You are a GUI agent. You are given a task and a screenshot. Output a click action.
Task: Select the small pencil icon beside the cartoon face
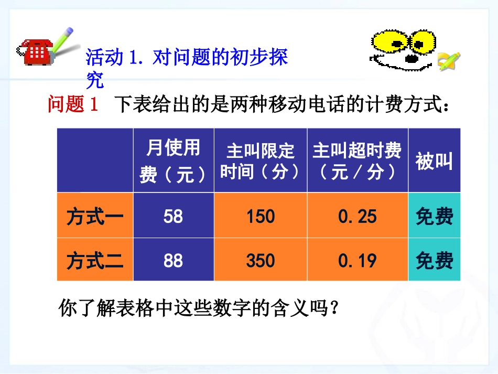pos(449,60)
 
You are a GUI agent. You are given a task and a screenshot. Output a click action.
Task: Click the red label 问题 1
pos(73,105)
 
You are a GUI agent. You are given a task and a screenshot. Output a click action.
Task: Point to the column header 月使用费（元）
pos(173,161)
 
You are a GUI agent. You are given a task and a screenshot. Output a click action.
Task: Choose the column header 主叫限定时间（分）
pos(261,161)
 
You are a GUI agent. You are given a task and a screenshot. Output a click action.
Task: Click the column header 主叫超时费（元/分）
pos(358,161)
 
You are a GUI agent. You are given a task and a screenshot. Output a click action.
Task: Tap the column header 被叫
pos(434,161)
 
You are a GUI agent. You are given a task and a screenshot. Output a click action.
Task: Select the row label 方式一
pos(95,216)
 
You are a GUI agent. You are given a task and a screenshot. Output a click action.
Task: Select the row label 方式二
pos(95,260)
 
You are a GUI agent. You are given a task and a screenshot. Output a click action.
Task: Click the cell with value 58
pos(173,216)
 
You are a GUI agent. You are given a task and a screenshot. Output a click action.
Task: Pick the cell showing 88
pos(173,260)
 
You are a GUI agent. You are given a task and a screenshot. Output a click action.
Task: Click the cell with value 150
pos(261,216)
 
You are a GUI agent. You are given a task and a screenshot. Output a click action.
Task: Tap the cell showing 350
pos(261,260)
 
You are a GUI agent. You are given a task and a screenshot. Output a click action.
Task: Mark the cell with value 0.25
pos(358,216)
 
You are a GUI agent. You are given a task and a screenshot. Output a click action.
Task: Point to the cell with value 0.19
pos(358,260)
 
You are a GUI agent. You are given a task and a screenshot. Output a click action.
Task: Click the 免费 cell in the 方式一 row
pos(434,216)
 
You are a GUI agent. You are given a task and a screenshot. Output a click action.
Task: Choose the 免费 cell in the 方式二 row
pos(434,260)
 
